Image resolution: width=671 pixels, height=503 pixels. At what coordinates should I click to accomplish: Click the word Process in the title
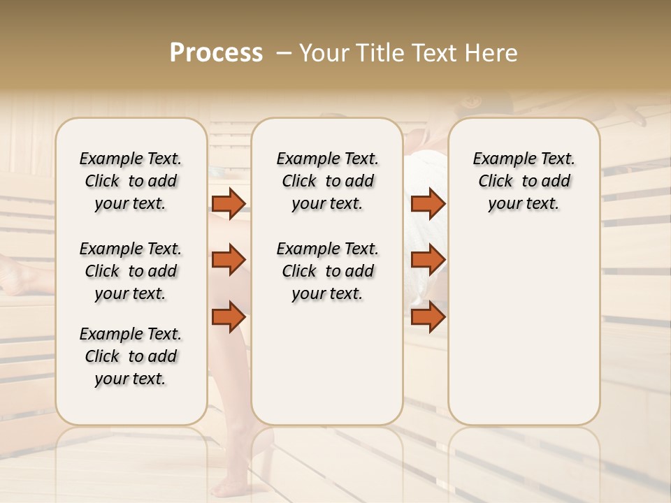(x=216, y=53)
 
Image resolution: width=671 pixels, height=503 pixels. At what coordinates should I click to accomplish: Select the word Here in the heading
(x=491, y=53)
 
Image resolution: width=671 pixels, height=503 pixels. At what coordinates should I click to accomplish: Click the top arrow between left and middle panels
(x=229, y=203)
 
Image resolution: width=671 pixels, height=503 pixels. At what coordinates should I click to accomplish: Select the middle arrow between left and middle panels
(x=229, y=260)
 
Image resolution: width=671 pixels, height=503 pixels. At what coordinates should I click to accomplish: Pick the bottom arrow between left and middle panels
(x=229, y=316)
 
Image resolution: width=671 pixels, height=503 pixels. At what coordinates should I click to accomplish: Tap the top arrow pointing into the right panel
(x=428, y=203)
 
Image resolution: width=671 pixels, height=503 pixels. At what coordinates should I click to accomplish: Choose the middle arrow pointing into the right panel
(x=428, y=260)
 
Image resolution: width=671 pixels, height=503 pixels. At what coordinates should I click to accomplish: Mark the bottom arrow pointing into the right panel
(x=428, y=316)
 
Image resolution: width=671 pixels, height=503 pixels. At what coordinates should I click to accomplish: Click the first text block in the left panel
(x=131, y=181)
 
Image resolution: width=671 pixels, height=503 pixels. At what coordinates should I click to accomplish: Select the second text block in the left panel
(x=131, y=271)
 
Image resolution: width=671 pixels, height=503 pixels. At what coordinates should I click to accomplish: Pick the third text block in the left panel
(x=131, y=356)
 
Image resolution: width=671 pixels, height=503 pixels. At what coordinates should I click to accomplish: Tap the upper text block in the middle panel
(x=327, y=181)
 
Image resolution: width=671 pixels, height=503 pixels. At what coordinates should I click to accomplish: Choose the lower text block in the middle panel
(x=327, y=271)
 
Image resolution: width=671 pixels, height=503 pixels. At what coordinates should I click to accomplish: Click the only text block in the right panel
(x=524, y=181)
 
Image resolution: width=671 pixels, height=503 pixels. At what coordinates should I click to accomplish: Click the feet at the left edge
(x=24, y=276)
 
